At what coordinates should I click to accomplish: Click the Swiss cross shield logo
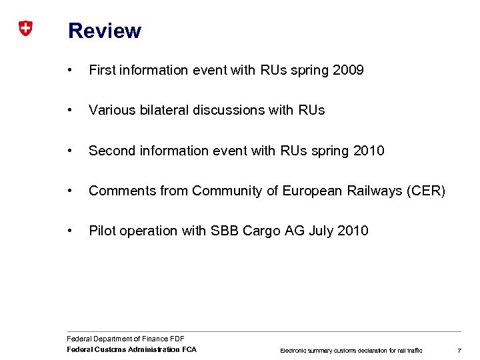tap(25, 29)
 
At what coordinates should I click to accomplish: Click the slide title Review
tap(105, 31)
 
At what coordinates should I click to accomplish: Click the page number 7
tap(459, 350)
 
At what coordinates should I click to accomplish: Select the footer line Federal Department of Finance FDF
tap(126, 339)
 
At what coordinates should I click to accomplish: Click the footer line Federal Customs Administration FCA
tap(132, 349)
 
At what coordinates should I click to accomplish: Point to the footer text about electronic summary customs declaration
tap(351, 350)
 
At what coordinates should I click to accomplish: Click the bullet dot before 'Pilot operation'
tap(71, 231)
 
